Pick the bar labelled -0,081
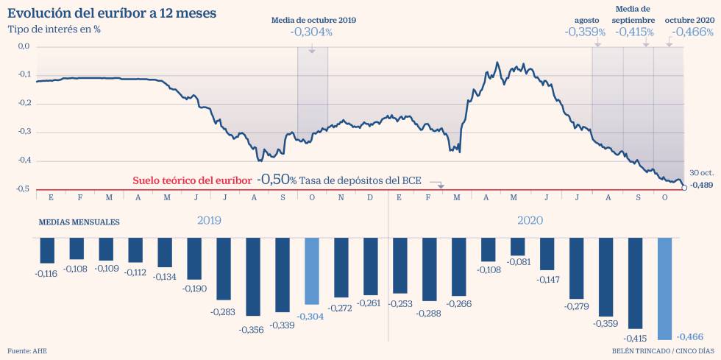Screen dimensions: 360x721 tap(518, 247)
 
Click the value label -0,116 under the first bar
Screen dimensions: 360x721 tap(47, 274)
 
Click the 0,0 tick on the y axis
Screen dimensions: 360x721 tap(24, 46)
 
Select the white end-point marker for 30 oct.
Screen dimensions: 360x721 tap(685, 188)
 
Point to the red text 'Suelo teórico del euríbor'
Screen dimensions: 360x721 tap(192, 180)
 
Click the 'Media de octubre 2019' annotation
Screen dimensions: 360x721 tap(313, 20)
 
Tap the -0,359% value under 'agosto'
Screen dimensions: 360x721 tap(585, 32)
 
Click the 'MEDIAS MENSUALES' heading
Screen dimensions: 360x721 tap(79, 222)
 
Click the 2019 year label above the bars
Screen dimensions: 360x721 tap(209, 220)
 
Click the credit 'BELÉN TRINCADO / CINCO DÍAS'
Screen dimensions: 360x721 tap(662, 350)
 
